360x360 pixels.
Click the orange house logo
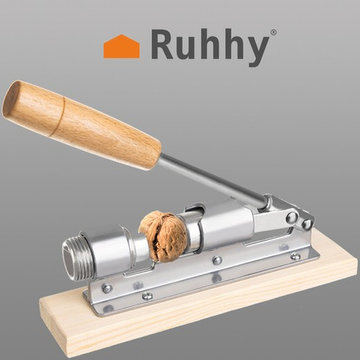121,46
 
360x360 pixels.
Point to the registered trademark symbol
274,32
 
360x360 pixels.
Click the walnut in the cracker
163,236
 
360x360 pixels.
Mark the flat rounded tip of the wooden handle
11,99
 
